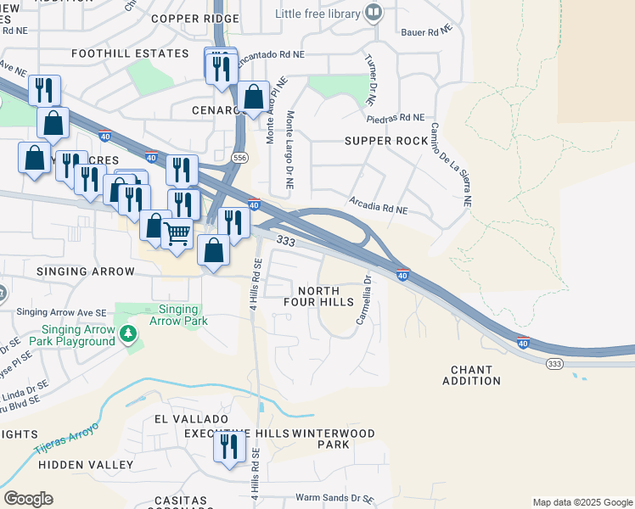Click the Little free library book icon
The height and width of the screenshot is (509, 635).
pos(373,12)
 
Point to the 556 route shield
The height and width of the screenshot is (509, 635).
pos(240,158)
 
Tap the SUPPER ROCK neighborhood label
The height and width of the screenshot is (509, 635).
pos(385,141)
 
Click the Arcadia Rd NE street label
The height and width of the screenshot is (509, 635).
pos(379,205)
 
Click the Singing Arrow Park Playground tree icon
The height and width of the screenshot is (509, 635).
pos(128,334)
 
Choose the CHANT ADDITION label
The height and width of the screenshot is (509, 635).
pos(472,375)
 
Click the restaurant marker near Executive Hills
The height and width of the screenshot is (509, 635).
pos(229,446)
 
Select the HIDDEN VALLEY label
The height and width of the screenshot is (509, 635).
pos(86,465)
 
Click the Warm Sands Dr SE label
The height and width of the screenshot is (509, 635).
pos(334,498)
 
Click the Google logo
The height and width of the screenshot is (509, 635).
pos(28,499)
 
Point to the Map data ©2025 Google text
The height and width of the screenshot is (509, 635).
pos(582,502)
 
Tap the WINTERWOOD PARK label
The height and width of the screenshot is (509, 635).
pos(333,439)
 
